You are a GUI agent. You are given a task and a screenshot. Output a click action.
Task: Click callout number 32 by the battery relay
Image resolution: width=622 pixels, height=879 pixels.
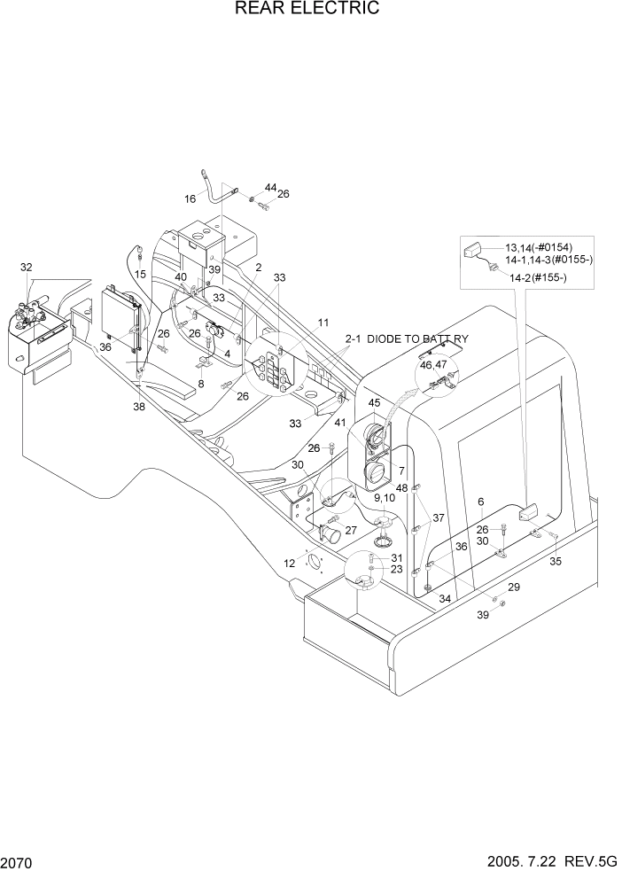(x=26, y=267)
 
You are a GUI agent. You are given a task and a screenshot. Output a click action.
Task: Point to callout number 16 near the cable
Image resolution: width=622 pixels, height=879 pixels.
(x=190, y=199)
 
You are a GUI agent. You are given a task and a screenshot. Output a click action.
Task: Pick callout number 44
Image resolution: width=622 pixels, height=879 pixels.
(x=270, y=188)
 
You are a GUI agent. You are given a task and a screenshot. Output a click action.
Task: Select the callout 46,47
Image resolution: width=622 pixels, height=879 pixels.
(x=433, y=364)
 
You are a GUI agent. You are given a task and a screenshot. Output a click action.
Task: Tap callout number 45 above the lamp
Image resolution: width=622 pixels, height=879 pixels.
(x=374, y=403)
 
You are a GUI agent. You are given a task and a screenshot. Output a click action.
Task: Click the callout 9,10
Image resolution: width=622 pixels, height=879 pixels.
(x=385, y=498)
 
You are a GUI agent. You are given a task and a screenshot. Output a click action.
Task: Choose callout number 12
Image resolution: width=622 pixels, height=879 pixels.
(x=290, y=563)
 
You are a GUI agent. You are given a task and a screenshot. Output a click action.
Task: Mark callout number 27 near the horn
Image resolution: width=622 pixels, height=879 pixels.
(x=351, y=530)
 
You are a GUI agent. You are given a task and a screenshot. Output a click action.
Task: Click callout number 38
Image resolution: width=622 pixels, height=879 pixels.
(x=139, y=407)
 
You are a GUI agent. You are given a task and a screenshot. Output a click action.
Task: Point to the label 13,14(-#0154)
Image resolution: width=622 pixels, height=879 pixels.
(x=539, y=248)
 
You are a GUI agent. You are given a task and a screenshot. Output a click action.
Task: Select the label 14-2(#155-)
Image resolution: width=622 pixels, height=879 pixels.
(x=537, y=278)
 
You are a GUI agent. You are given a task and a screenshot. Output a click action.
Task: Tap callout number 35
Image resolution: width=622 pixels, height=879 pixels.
(x=556, y=561)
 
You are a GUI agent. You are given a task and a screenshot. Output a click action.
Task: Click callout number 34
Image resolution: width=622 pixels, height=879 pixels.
(x=444, y=600)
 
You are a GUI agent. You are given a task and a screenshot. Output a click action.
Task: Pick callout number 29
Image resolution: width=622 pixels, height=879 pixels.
(x=513, y=587)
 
